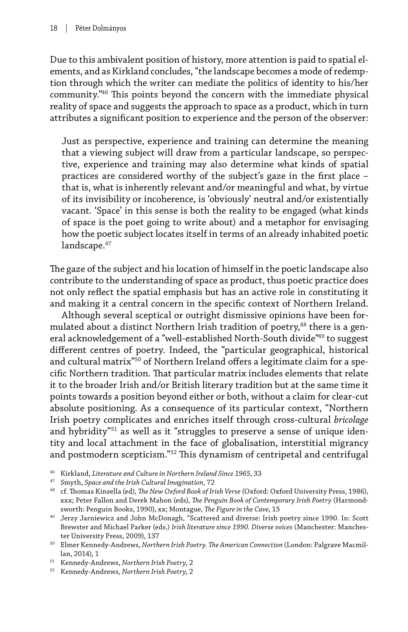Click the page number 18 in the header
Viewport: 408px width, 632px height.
click(53, 28)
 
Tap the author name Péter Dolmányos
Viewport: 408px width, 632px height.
click(101, 28)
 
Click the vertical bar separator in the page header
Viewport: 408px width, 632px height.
click(66, 28)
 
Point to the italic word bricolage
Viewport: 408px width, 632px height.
click(351, 420)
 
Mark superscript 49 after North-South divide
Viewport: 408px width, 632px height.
click(321, 336)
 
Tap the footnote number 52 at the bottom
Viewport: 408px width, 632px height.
click(52, 570)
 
